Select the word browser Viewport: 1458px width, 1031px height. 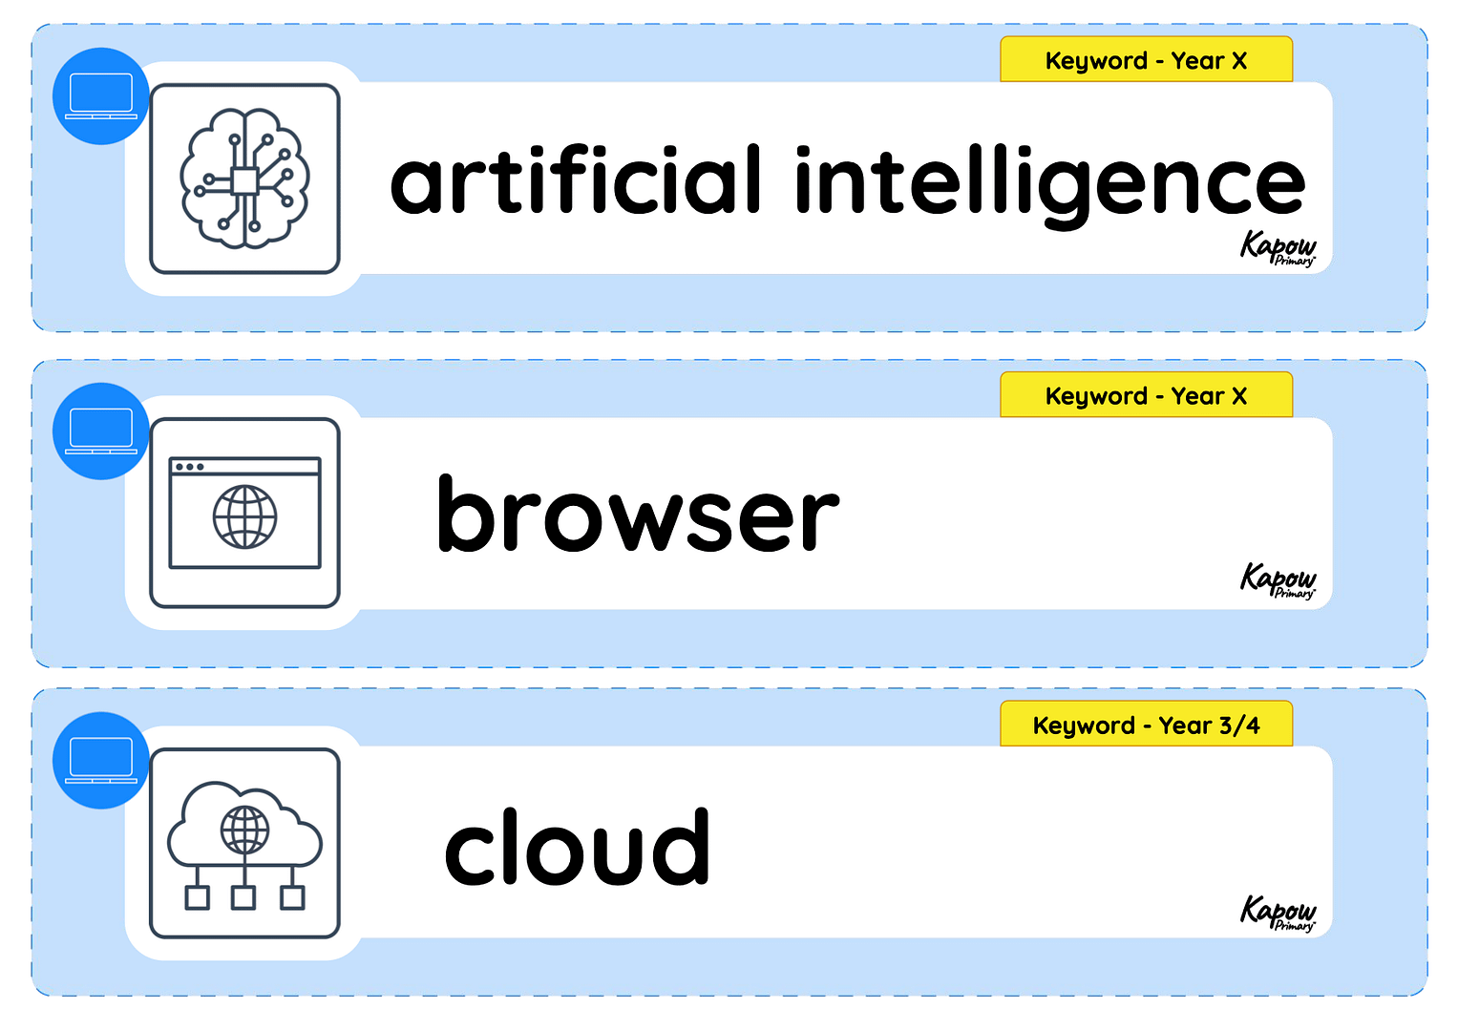[x=638, y=514]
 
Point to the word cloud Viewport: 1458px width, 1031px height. [x=577, y=846]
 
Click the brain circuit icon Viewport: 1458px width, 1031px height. [x=244, y=179]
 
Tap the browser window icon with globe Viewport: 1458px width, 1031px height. [x=244, y=513]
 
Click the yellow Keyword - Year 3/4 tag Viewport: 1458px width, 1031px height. [x=1146, y=725]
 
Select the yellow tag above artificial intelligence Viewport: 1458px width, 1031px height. [x=1146, y=60]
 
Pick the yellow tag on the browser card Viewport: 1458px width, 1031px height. [x=1146, y=395]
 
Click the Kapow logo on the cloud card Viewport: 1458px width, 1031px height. [x=1278, y=913]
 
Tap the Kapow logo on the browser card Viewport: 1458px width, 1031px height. [x=1278, y=580]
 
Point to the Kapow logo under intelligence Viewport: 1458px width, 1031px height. [x=1278, y=248]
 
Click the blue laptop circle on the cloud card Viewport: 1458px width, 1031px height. [x=101, y=760]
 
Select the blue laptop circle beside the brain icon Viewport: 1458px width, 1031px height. [x=101, y=95]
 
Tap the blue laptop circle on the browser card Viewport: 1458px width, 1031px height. [x=101, y=431]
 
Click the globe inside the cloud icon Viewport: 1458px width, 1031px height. [x=244, y=830]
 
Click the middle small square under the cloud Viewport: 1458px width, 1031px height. [x=243, y=897]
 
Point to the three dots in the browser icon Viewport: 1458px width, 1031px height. [x=189, y=467]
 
